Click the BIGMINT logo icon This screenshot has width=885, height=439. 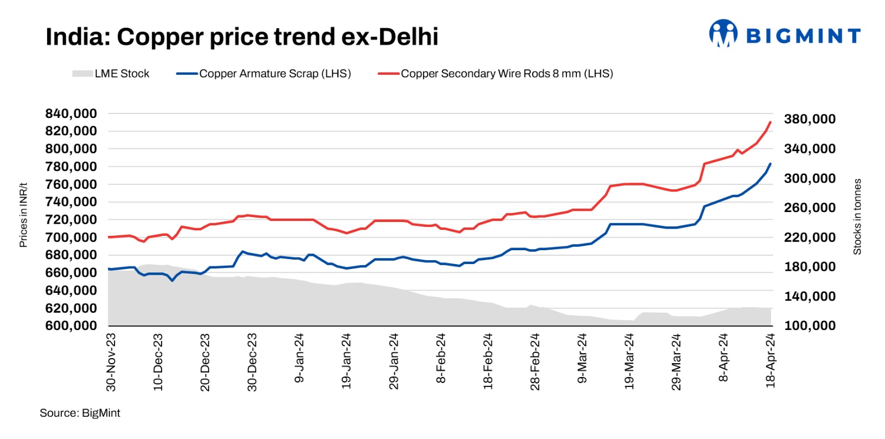coord(723,34)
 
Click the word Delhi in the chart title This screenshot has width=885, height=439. coord(409,37)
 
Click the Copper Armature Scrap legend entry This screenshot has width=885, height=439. coord(264,74)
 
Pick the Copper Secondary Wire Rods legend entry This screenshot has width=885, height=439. coord(496,74)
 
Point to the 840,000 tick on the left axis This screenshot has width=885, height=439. coord(71,113)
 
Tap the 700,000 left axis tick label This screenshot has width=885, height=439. coord(71,237)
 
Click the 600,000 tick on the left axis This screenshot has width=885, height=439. coord(71,326)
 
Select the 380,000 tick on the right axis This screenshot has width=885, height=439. coord(810,119)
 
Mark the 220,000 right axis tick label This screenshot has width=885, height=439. coord(810,237)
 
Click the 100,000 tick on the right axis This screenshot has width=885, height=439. coord(810,326)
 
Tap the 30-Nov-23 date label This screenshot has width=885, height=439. coord(111,362)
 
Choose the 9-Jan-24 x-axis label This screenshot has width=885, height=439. coord(300,358)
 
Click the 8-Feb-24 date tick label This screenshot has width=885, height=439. coord(441,358)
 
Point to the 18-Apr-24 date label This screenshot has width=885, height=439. coord(771,360)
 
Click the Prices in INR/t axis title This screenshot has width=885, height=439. coord(23,215)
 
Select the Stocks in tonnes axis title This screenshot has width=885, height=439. coord(857,216)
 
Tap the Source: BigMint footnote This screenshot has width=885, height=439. coord(80,413)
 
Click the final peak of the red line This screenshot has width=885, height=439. coord(771,122)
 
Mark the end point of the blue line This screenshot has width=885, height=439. coord(771,164)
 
